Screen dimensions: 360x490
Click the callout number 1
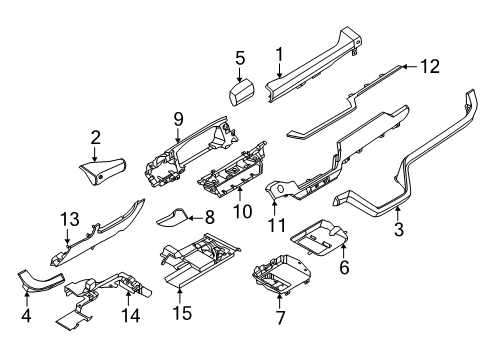281,55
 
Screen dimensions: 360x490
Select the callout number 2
96,138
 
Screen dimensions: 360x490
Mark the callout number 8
208,215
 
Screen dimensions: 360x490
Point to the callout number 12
429,67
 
